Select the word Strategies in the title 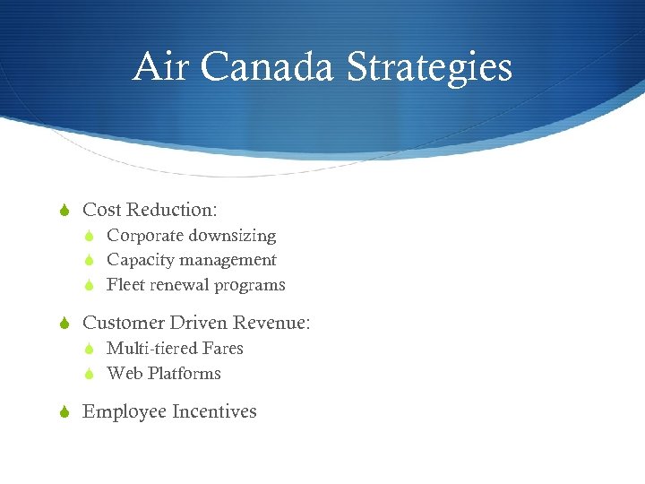[x=429, y=67]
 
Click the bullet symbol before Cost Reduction [x=64, y=211]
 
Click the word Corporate [x=145, y=236]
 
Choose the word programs [x=252, y=286]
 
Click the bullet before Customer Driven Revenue [x=64, y=323]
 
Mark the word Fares [x=223, y=348]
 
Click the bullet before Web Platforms [x=90, y=374]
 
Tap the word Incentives [x=214, y=411]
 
